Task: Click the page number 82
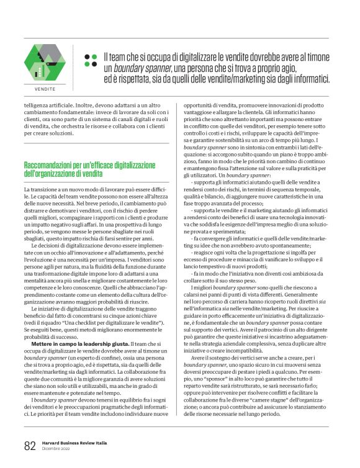tap(30, 446)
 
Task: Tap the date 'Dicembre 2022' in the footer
tap(56, 449)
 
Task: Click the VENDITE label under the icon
tap(43, 89)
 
